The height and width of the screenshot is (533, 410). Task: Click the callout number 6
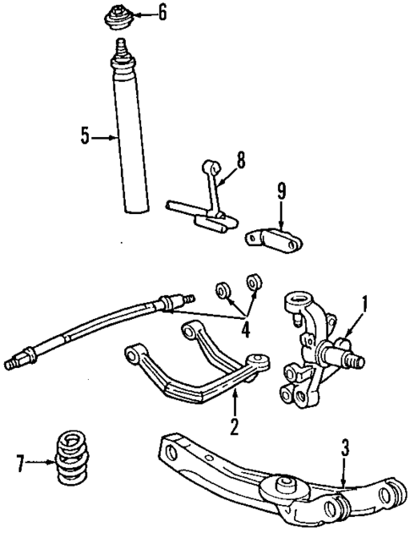click(x=162, y=13)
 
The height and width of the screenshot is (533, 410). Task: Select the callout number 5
click(x=85, y=135)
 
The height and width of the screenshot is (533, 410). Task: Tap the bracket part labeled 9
click(x=276, y=238)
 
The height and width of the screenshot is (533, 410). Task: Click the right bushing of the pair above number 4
click(x=252, y=283)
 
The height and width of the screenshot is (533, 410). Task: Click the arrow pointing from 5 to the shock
click(x=103, y=135)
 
